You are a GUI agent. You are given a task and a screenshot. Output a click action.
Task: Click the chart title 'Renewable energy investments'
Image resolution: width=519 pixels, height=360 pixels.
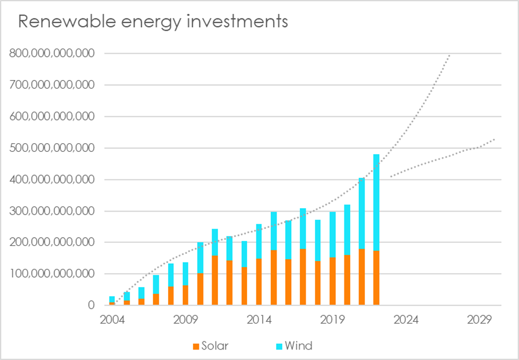pos(153,22)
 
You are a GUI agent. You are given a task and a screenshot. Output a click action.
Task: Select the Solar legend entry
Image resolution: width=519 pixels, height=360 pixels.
pos(214,346)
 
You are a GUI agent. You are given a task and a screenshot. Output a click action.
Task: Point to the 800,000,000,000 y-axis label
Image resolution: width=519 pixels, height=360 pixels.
pos(52,53)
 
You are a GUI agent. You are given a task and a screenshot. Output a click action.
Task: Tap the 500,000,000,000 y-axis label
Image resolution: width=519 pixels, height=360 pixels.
pos(52,148)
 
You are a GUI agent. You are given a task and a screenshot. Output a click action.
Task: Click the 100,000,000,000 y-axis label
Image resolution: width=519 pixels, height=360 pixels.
pos(52,274)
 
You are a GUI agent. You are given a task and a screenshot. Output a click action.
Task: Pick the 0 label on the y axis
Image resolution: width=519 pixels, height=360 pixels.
pos(91,306)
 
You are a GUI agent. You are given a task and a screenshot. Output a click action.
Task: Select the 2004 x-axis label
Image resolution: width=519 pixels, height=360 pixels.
pos(112,319)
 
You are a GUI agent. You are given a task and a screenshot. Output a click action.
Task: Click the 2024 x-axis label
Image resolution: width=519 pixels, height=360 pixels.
pos(406,319)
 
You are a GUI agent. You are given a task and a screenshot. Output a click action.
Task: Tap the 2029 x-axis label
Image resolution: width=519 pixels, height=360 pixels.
pos(479,319)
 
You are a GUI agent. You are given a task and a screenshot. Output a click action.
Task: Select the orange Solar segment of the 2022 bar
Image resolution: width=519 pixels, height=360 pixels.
pos(376,278)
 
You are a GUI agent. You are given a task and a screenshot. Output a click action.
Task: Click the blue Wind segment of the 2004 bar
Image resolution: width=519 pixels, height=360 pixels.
pos(112,299)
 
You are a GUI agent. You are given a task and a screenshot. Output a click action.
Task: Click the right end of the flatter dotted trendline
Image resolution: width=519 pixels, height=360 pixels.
pos(494,139)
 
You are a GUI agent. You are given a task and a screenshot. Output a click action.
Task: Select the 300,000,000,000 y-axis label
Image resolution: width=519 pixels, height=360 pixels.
pos(52,211)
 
